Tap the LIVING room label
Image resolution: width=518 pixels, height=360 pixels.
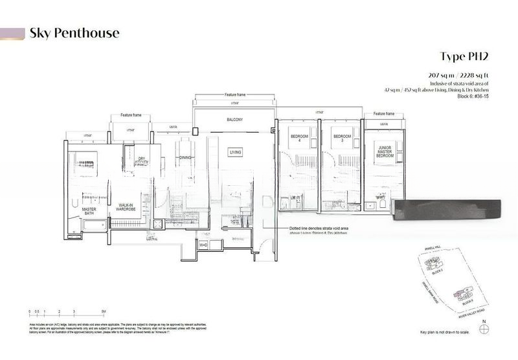[235, 152]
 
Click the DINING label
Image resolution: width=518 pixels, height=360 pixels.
[186, 157]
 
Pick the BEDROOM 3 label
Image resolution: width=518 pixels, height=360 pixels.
[341, 139]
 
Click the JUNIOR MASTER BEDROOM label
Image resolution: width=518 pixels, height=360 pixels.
[385, 152]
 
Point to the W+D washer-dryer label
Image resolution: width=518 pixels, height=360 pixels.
[202, 245]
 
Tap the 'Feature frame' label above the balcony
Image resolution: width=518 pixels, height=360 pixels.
[235, 95]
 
